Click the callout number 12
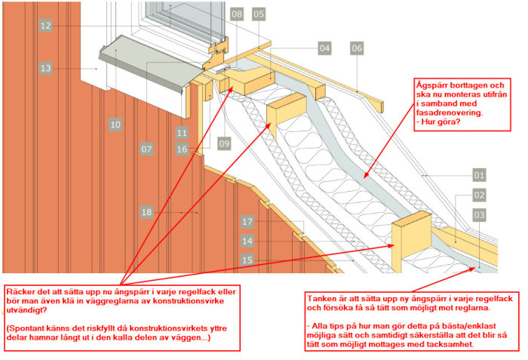pos(46,26)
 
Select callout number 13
pos(46,69)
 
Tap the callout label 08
pos(237,14)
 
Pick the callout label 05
pos(259,14)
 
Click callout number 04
pos(324,48)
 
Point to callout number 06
pos(357,48)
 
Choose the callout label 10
pos(115,125)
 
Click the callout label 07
pos(147,149)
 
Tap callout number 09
pos(224,144)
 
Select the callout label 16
pos(182,149)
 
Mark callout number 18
pos(147,212)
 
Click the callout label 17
pos(247,221)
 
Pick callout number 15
pos(247,260)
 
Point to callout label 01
pos(479,175)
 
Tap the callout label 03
pos(479,215)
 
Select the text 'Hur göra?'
pos(441,122)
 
